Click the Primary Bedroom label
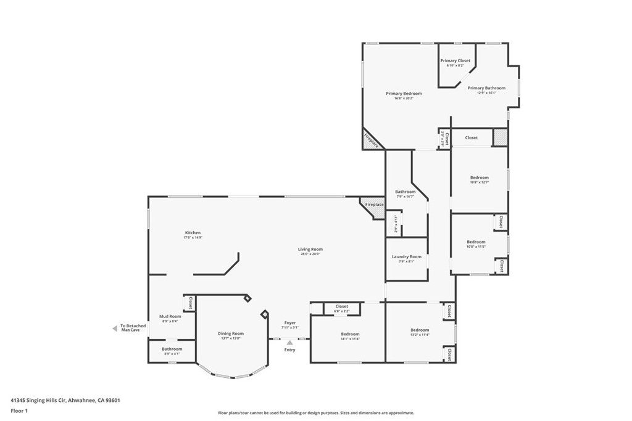[x=404, y=94]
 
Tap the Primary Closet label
[x=455, y=60]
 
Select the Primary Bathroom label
[x=486, y=88]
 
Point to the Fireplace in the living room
[x=373, y=205]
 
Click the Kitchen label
[x=192, y=232]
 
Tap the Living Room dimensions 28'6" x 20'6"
[x=311, y=254]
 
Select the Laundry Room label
[x=406, y=256]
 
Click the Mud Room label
[x=170, y=316]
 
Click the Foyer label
[x=289, y=322]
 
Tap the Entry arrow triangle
[x=289, y=342]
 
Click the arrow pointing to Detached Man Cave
[x=114, y=329]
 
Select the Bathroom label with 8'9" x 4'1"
[x=172, y=349]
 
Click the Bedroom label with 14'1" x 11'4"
[x=350, y=333]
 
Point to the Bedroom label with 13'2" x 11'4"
[x=420, y=330]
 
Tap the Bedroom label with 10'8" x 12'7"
[x=479, y=178]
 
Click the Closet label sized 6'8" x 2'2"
[x=341, y=306]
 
